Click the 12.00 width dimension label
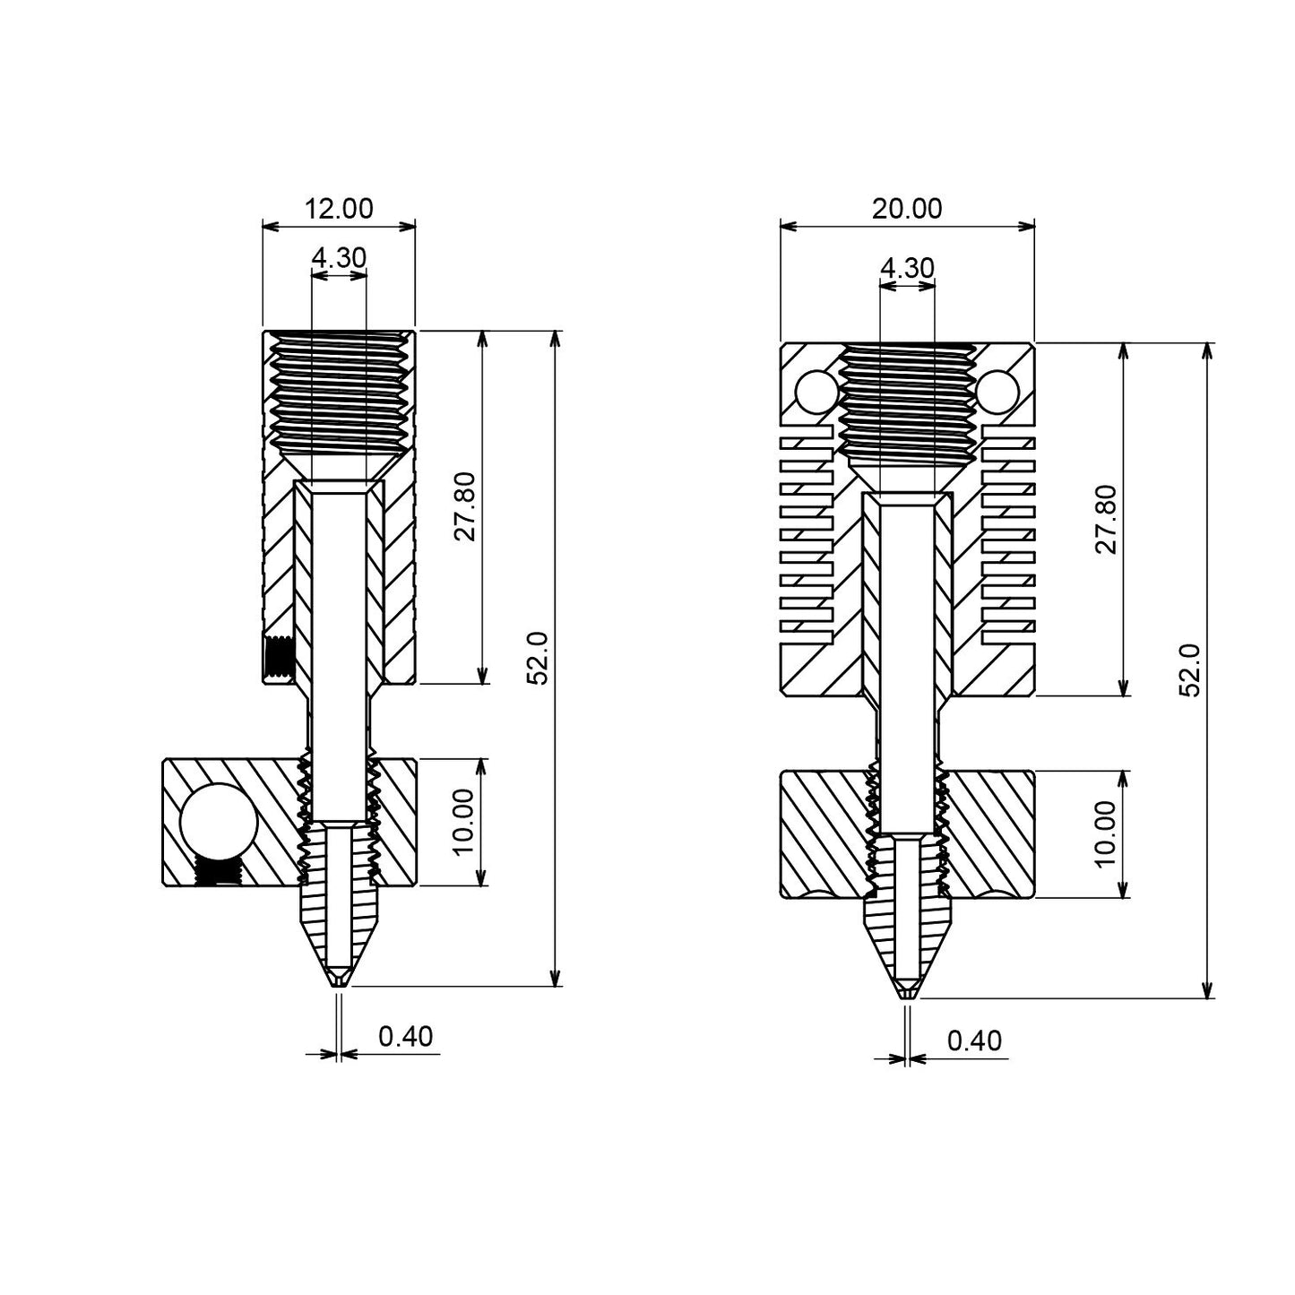tap(339, 209)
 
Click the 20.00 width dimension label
tap(907, 209)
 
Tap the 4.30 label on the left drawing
tap(339, 258)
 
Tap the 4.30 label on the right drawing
tap(907, 268)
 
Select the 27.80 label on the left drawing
tap(465, 508)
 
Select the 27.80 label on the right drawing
tap(1106, 519)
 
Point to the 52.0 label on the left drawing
tap(538, 659)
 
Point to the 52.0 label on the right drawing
tap(1188, 669)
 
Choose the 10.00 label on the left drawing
tap(465, 823)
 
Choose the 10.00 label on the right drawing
tap(1106, 833)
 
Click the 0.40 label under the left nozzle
tap(405, 1037)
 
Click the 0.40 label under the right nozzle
tap(974, 1041)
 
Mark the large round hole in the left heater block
tap(218, 821)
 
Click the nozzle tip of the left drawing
tap(338, 983)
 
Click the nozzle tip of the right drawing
tap(908, 994)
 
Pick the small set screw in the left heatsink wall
tap(280, 656)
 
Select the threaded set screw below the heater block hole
tap(218, 870)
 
